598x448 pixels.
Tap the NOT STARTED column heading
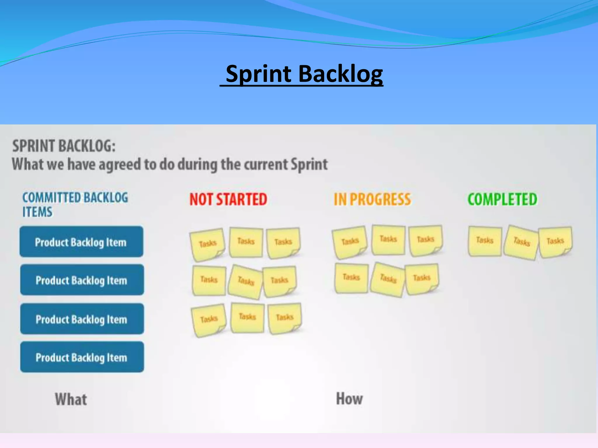[228, 199]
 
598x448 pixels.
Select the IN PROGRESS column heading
[372, 199]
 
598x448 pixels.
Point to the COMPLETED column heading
[502, 199]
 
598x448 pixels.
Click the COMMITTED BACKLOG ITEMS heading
[75, 204]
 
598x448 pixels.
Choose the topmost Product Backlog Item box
[81, 242]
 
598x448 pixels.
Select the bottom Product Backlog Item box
[82, 357]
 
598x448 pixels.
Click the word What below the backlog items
[71, 399]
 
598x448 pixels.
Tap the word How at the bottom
[349, 399]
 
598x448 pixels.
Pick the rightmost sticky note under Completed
[555, 242]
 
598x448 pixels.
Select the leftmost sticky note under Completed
[485, 241]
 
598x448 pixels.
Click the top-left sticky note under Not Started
[208, 244]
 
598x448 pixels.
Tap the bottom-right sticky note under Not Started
[285, 318]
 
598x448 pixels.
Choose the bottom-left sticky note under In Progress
[351, 278]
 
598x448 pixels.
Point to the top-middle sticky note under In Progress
[388, 240]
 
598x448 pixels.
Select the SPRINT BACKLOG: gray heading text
[64, 146]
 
